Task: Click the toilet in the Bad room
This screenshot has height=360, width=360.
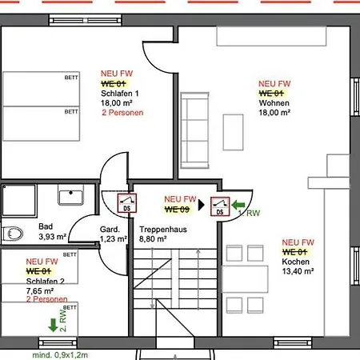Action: [13, 234]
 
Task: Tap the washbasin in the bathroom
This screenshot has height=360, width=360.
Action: [70, 194]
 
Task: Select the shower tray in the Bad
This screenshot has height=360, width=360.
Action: [19, 200]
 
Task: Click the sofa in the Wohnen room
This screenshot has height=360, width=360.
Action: [194, 130]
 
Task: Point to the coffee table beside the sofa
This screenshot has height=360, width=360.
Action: [233, 132]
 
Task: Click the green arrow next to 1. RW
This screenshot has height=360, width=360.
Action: [238, 205]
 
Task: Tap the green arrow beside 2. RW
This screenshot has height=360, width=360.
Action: [53, 325]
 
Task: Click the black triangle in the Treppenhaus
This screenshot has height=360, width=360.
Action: [202, 205]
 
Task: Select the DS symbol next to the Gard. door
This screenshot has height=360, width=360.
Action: [127, 203]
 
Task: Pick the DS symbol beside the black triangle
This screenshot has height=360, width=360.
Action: [220, 206]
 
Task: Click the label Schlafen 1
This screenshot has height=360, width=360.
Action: [120, 94]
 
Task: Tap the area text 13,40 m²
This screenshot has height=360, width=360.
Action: [298, 271]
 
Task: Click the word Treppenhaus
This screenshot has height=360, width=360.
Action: [163, 230]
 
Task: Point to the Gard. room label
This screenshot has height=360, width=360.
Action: [110, 230]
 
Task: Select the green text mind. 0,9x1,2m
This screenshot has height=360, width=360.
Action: [60, 355]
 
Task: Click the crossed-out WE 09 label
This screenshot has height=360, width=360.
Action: [178, 210]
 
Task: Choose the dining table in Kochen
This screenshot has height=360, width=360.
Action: [245, 279]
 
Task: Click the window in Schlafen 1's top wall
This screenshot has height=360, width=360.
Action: [86, 20]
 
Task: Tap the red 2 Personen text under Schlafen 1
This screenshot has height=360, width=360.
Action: [122, 113]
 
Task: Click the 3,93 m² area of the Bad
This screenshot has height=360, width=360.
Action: [53, 237]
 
